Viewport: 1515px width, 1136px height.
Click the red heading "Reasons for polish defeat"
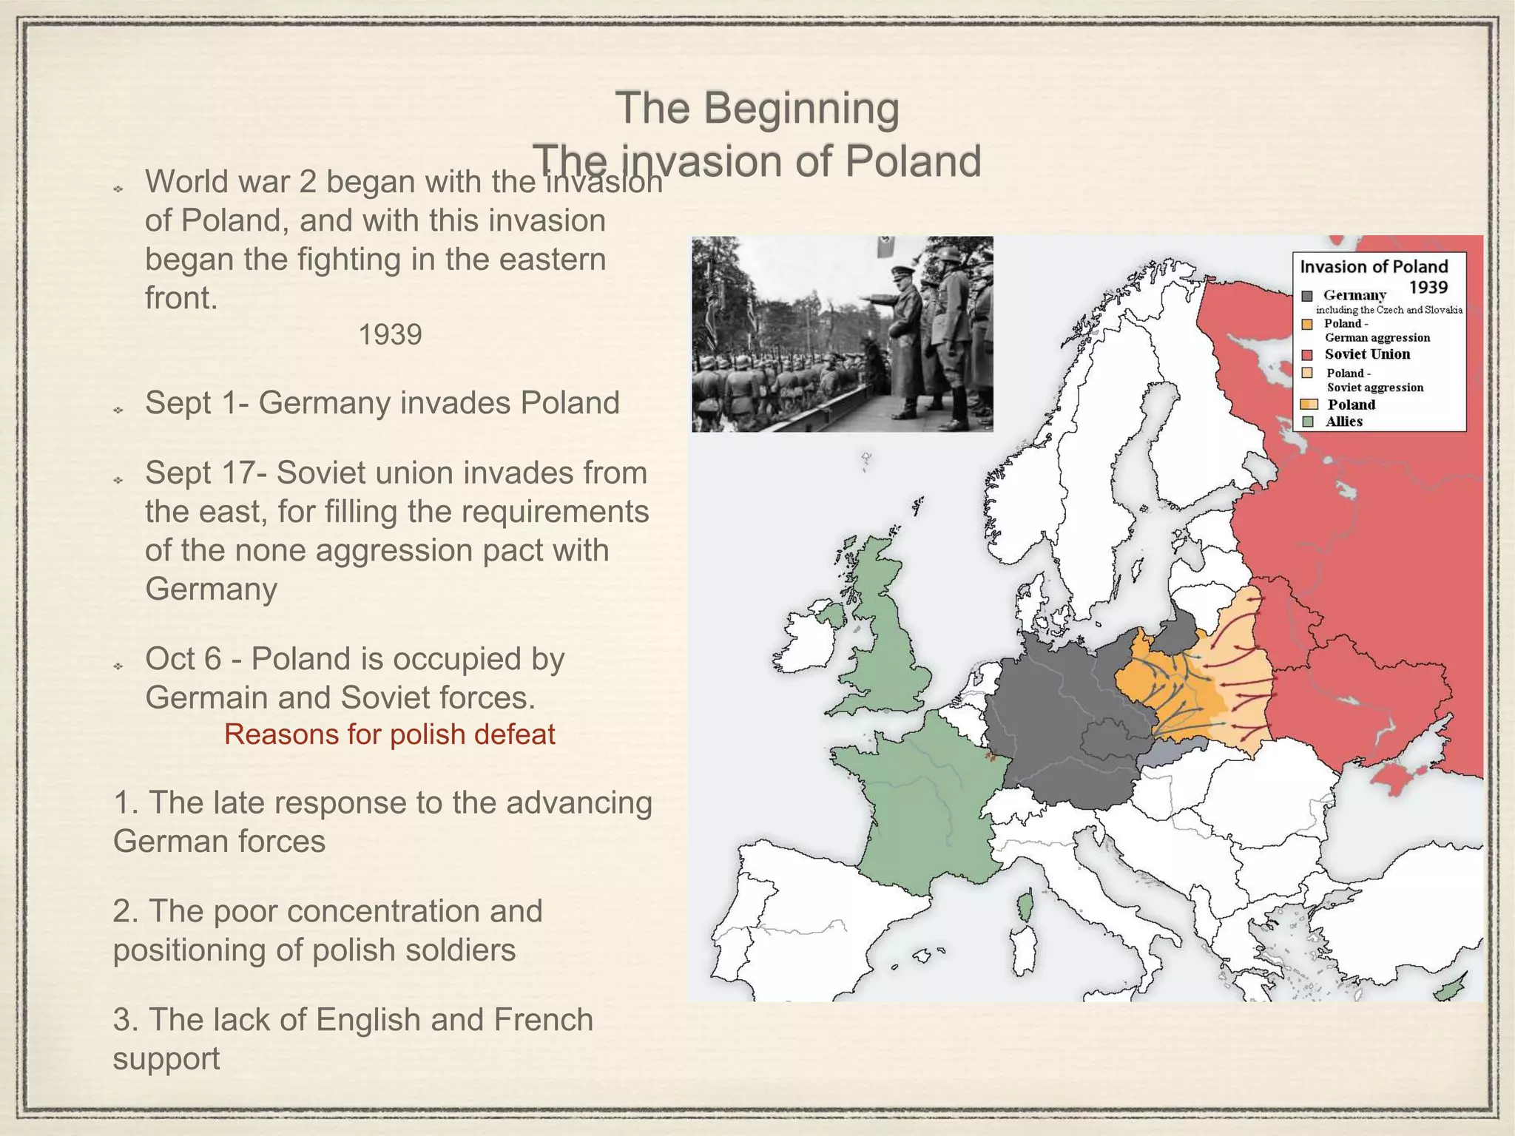(x=389, y=734)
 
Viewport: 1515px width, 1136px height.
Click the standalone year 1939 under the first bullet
(x=390, y=335)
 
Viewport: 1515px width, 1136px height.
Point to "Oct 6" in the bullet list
(x=183, y=658)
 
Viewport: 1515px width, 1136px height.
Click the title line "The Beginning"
(x=757, y=108)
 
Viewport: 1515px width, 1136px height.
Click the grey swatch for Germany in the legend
(x=1307, y=296)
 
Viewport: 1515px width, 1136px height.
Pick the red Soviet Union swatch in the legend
(x=1307, y=355)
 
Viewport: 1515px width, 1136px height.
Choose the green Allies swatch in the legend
(x=1308, y=422)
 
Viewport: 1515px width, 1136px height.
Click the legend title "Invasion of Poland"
(x=1374, y=267)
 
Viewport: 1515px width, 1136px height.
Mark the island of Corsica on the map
(x=1025, y=906)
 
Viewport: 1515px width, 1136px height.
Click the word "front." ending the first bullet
(x=181, y=298)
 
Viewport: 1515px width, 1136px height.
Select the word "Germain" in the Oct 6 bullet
(x=195, y=697)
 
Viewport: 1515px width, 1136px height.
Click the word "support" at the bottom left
(x=166, y=1058)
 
